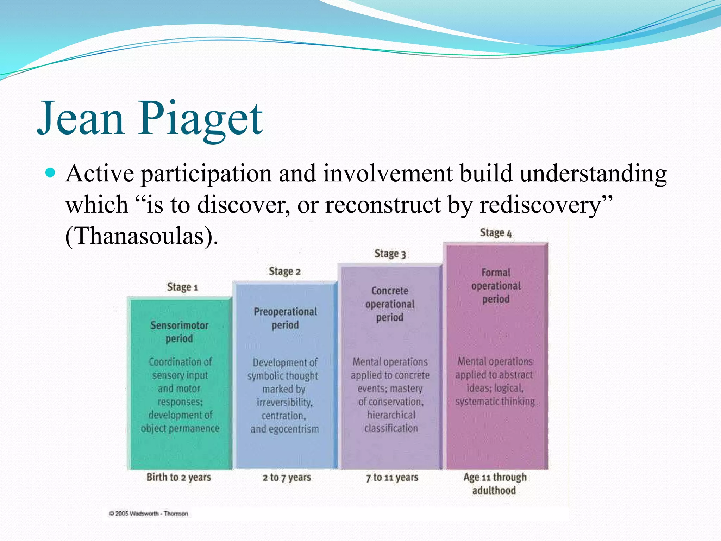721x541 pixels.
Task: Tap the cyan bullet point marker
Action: click(x=51, y=173)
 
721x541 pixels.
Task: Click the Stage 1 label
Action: click(x=182, y=287)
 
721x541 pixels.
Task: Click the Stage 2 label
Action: click(x=284, y=272)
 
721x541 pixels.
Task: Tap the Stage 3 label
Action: click(x=390, y=254)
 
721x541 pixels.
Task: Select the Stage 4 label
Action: click(x=495, y=233)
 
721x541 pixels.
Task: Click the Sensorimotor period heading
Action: click(x=179, y=332)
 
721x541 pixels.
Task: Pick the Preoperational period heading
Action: click(x=285, y=318)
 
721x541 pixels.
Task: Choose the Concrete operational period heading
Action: click(x=390, y=304)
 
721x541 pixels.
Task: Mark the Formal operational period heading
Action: click(x=496, y=286)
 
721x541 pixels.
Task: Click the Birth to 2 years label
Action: click(x=178, y=477)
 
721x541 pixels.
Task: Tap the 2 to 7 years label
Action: click(x=287, y=478)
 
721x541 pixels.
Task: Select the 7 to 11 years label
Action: click(x=392, y=478)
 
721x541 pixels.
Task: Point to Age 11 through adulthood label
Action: click(x=495, y=484)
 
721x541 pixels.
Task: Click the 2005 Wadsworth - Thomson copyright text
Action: click(x=149, y=514)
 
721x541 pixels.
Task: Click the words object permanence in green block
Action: click(x=180, y=429)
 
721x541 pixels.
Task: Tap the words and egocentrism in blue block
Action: click(x=284, y=429)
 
